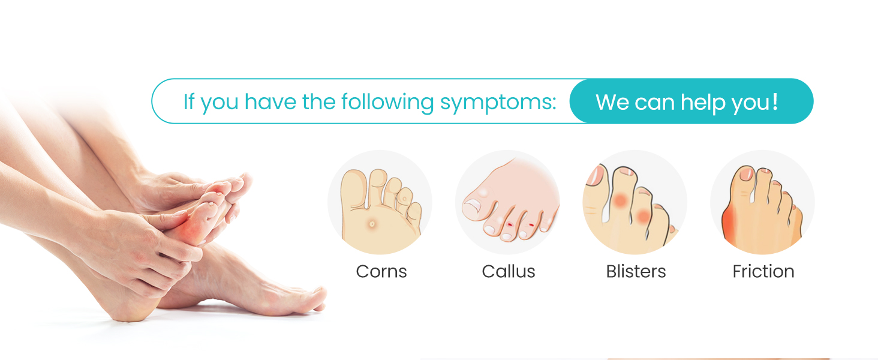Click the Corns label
381,271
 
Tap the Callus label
509,271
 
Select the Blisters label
636,271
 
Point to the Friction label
763,271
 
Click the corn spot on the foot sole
372,224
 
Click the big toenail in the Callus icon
472,207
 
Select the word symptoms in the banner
498,102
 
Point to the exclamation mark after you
775,101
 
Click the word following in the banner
388,102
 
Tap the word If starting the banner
189,101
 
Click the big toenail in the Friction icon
747,174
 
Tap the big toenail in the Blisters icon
597,176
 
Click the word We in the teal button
612,102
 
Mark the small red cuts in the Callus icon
519,226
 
